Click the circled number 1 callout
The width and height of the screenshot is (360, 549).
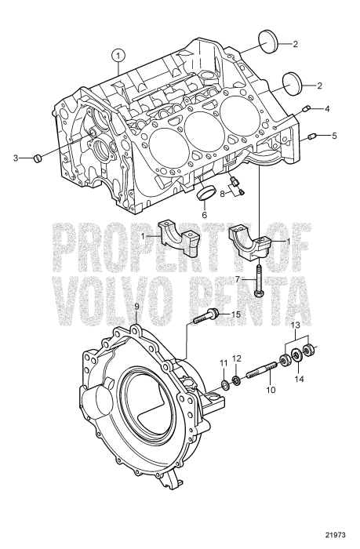coord(118,55)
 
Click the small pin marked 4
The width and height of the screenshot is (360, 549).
coord(307,108)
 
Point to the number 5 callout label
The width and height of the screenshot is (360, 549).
coord(335,135)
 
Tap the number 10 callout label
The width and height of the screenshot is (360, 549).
coord(271,389)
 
